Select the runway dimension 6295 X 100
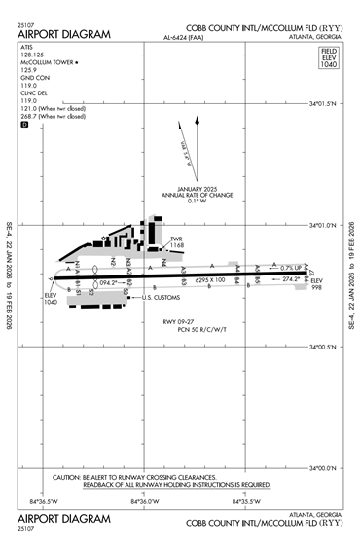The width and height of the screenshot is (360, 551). point(210,279)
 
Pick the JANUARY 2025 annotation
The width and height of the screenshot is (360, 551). point(196,188)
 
